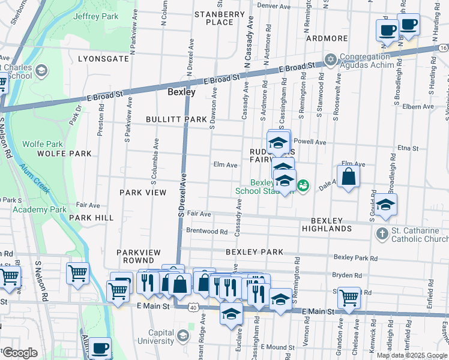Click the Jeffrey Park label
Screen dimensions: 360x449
96,16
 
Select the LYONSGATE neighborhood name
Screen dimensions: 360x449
103,59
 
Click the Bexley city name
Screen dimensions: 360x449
181,92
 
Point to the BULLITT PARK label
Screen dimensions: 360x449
176,119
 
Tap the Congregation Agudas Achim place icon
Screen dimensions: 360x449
330,59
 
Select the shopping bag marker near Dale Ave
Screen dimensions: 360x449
348,177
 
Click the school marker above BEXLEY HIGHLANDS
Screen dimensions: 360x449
386,204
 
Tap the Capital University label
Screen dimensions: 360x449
157,338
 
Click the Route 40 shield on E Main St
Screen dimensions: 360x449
193,307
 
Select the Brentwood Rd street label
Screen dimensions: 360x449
206,231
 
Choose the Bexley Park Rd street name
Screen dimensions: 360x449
355,257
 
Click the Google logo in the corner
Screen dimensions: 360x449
20,353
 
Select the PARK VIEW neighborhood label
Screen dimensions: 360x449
142,192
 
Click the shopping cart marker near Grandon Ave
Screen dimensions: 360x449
348,297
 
